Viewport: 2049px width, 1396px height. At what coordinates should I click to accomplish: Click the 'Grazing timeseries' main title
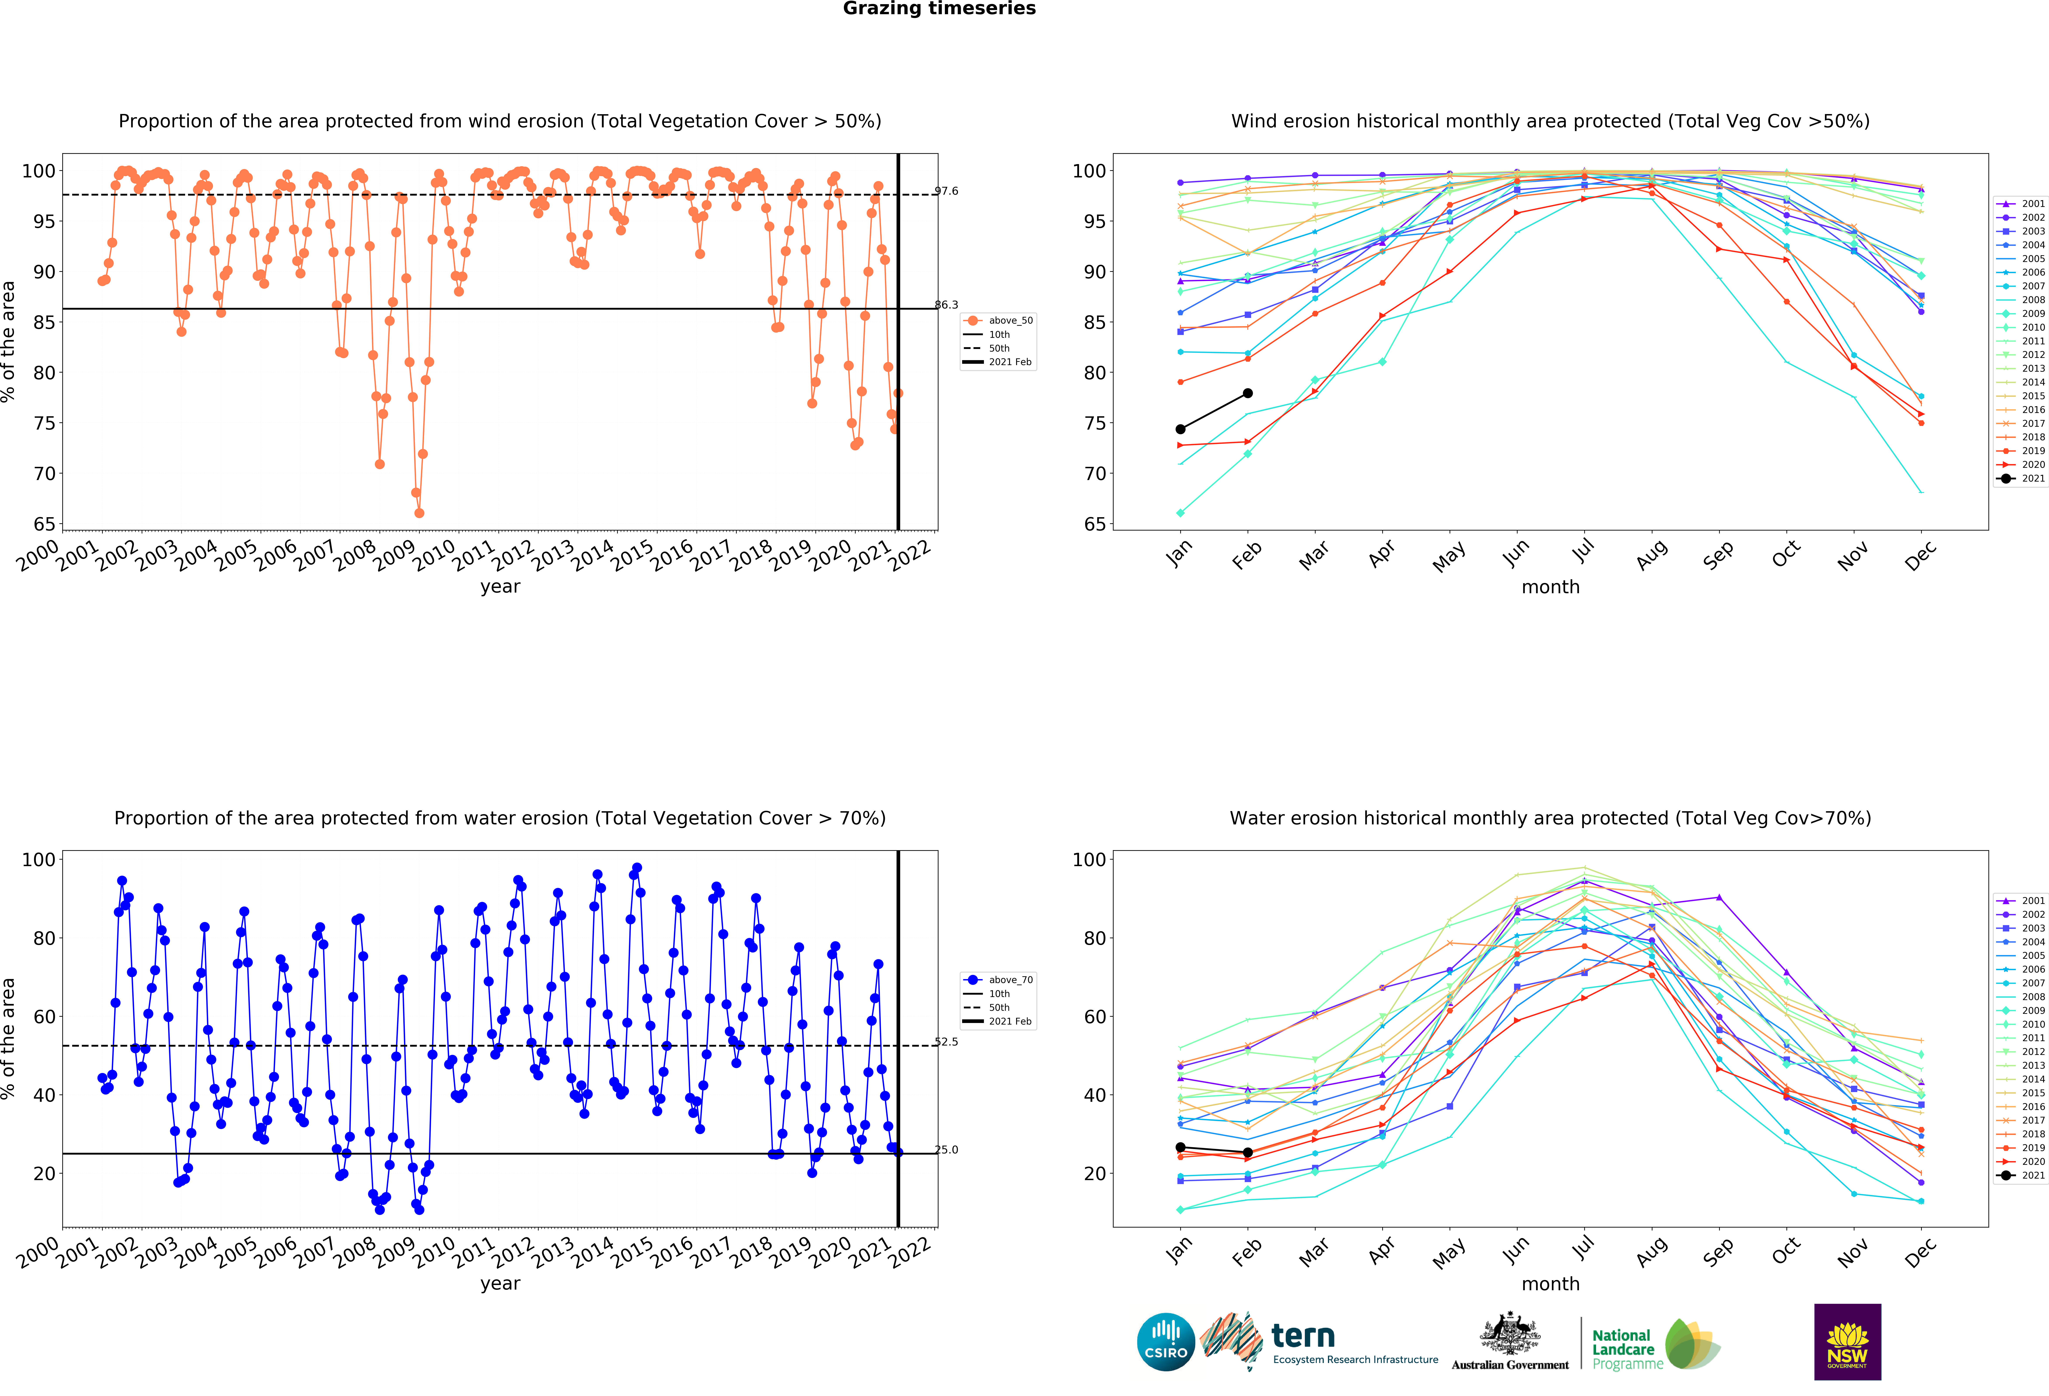pos(939,9)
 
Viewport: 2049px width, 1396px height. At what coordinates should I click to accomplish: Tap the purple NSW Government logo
pos(1847,1341)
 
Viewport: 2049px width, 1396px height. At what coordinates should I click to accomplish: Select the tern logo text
pos(1303,1336)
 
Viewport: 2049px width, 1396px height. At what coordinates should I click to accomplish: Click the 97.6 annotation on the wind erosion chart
pos(946,191)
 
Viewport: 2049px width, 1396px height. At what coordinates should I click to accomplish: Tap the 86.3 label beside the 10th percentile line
pos(946,305)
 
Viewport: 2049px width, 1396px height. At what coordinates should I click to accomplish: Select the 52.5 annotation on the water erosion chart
pos(946,1042)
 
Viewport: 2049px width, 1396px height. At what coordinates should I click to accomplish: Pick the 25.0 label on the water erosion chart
pos(946,1149)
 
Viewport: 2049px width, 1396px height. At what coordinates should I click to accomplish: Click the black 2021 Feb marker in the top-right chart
pos(1248,393)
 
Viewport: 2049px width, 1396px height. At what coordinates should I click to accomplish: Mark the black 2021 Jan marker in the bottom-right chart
pos(1180,1148)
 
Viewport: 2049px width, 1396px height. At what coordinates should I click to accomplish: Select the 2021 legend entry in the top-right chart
pos(2020,479)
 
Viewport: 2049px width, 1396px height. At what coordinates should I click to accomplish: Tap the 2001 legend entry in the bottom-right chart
pos(2020,901)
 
